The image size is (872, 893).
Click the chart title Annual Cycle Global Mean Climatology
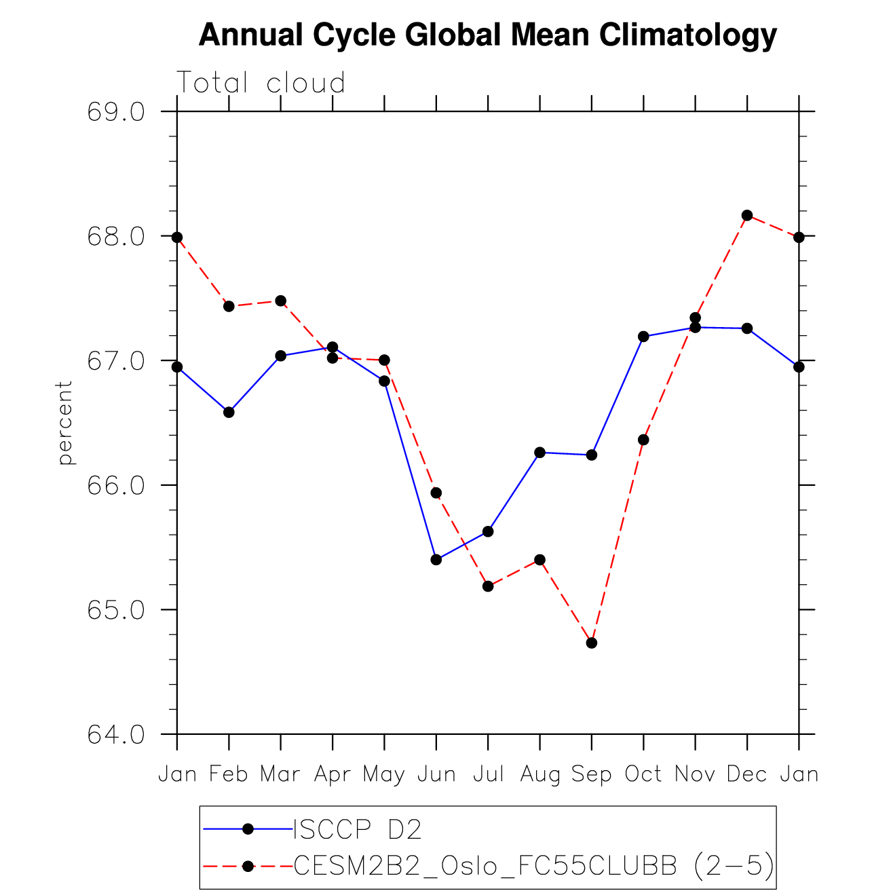tap(487, 35)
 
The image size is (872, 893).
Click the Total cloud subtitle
tap(261, 83)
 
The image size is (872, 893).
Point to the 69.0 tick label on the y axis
tap(116, 112)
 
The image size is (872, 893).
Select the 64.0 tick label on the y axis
tap(116, 735)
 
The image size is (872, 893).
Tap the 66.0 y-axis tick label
tap(116, 486)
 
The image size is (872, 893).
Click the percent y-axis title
tap(65, 423)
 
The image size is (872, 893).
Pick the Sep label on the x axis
tap(592, 774)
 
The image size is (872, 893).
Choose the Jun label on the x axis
tap(436, 774)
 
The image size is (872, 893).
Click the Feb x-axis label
tap(229, 774)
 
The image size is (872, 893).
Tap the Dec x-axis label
tap(747, 774)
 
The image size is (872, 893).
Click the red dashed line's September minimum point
tap(592, 643)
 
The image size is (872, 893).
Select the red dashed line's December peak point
tap(747, 215)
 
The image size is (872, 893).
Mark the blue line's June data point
tap(436, 560)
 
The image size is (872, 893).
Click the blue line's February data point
tap(229, 412)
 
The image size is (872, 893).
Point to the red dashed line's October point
tap(643, 440)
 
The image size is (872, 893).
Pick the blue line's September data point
tap(592, 455)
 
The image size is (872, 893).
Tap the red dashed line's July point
tap(488, 586)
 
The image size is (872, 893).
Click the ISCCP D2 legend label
tap(358, 829)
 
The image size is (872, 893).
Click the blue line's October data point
tap(643, 337)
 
